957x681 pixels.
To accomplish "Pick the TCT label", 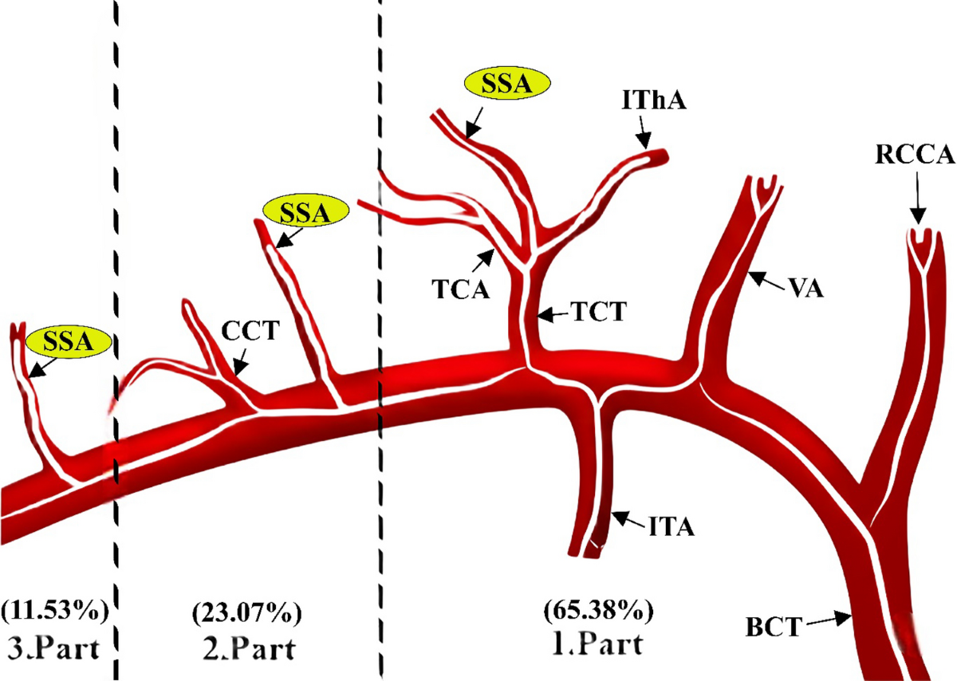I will click(593, 313).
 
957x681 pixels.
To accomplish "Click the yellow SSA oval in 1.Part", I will click(507, 85).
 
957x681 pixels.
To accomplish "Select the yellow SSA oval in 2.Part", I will click(307, 213).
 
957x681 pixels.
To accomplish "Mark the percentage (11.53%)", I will click(55, 613).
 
